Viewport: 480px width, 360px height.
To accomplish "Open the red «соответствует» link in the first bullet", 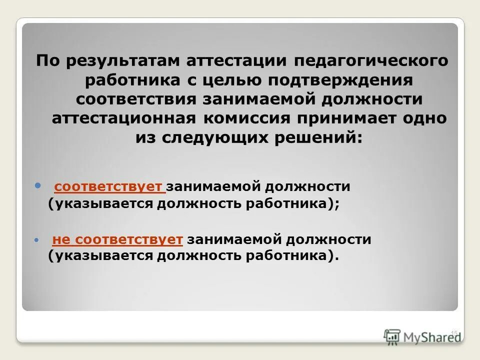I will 109,187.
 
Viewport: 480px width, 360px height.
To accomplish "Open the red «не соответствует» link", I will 117,240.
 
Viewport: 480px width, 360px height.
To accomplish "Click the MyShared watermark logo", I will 422,335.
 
